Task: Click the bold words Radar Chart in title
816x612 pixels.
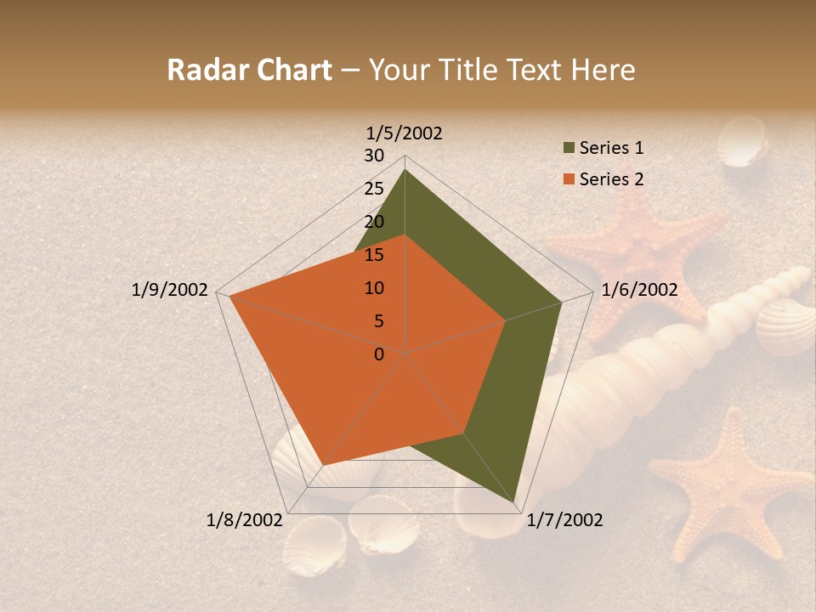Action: point(249,70)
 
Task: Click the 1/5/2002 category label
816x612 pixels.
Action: point(404,133)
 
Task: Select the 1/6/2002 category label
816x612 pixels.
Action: point(639,290)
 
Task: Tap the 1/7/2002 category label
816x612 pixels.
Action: point(564,520)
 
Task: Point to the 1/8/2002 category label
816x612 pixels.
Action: point(244,520)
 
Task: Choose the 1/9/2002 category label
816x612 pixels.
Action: point(170,290)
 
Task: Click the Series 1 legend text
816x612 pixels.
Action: point(611,148)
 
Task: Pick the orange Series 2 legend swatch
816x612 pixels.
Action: point(569,179)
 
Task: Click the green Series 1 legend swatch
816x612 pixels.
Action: point(569,149)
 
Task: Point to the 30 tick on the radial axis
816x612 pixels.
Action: point(374,156)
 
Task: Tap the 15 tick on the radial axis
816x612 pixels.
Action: point(374,255)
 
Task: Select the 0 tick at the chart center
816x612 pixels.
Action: point(379,354)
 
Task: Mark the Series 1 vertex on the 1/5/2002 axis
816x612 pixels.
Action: point(405,169)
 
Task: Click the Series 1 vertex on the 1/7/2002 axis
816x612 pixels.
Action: point(517,506)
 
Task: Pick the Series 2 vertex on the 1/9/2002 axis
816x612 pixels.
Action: point(229,297)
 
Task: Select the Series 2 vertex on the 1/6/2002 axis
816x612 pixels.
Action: point(505,321)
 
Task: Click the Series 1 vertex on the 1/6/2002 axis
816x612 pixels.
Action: point(561,302)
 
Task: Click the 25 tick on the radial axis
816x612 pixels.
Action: point(374,189)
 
